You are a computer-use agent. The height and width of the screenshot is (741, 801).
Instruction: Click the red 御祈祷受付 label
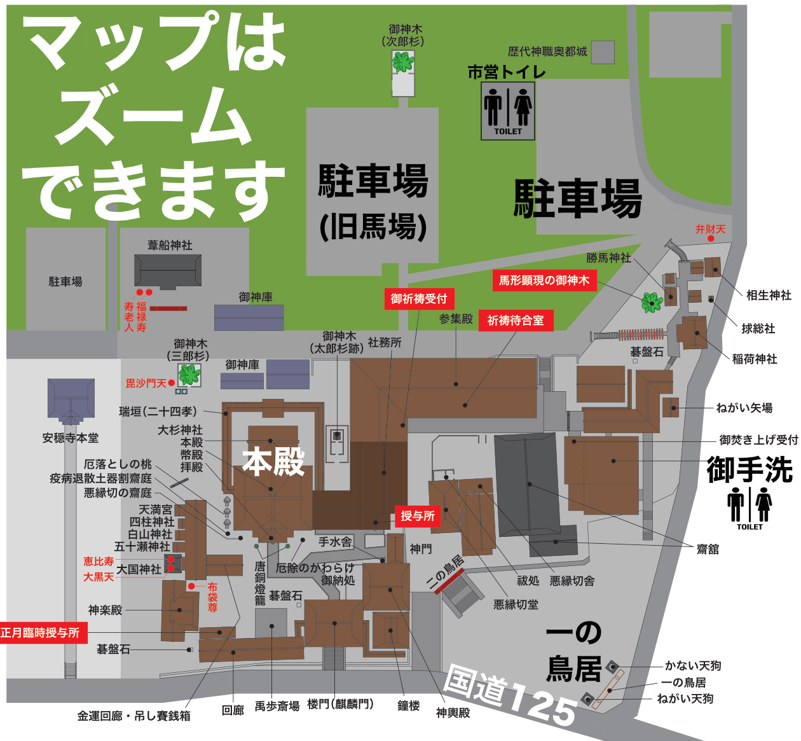418,299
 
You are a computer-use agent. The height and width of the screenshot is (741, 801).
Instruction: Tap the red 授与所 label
418,516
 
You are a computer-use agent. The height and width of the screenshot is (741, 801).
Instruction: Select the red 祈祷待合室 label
515,321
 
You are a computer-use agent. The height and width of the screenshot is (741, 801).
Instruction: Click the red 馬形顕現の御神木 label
544,280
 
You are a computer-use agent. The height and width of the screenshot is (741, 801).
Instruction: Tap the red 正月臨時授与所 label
41,633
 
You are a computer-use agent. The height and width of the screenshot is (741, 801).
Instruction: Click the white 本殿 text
274,462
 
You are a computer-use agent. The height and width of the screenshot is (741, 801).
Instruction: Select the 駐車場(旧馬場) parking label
373,201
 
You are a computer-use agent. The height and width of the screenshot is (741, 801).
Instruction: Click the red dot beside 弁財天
711,239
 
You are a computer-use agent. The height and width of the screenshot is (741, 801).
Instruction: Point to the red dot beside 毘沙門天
172,383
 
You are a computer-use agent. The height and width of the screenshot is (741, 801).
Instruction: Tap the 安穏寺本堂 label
71,438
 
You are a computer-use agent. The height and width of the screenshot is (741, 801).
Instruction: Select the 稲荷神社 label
755,359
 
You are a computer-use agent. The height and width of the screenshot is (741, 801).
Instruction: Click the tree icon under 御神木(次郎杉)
402,62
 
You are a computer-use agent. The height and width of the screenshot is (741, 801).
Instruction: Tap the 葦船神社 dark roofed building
168,270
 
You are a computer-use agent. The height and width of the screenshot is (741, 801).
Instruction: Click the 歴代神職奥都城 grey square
603,52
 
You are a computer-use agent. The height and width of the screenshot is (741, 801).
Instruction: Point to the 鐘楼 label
408,706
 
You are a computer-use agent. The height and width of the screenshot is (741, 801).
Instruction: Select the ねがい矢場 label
744,408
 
